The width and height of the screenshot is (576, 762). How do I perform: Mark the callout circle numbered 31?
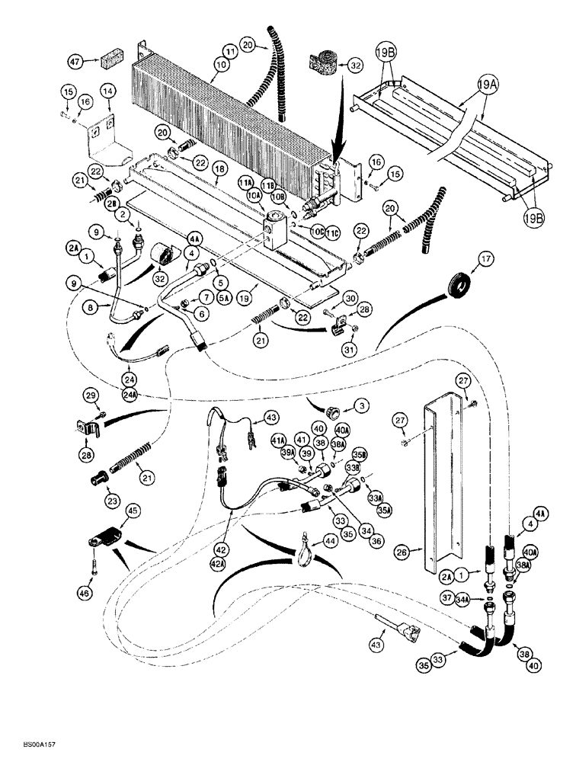click(348, 350)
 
